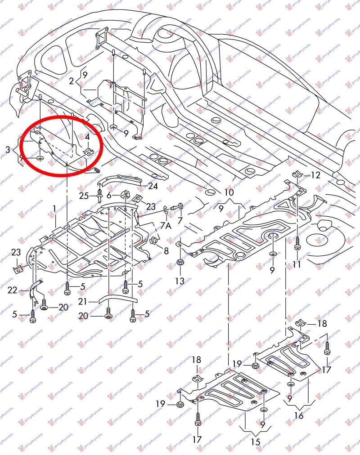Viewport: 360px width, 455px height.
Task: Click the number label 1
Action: [54, 209]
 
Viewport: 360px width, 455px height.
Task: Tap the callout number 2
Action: [72, 81]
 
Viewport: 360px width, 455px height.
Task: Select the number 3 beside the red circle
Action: [8, 149]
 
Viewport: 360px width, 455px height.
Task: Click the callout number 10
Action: [229, 192]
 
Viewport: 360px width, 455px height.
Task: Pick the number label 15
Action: [256, 442]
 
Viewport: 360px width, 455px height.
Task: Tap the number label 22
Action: [12, 290]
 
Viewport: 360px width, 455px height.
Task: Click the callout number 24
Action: [153, 185]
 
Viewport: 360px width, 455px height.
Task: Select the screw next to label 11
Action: [297, 245]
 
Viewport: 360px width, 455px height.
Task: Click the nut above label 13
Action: [180, 262]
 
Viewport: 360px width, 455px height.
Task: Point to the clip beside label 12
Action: [297, 175]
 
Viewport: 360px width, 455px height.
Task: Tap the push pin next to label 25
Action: [98, 195]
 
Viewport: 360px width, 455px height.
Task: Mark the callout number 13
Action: [180, 281]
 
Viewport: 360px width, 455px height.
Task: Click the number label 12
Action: [315, 175]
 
